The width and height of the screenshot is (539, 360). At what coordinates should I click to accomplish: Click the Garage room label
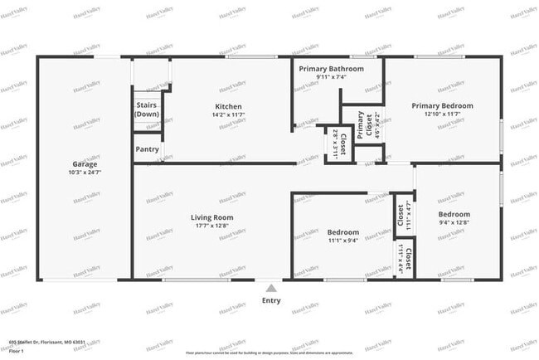(x=85, y=164)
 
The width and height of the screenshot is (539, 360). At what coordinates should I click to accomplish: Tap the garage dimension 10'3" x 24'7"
(x=85, y=173)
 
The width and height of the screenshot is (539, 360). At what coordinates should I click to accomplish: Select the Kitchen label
(x=228, y=107)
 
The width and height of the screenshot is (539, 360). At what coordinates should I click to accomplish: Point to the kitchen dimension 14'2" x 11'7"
(x=228, y=115)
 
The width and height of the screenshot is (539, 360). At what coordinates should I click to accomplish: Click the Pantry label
(x=147, y=149)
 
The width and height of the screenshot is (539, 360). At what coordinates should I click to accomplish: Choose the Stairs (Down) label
(x=147, y=109)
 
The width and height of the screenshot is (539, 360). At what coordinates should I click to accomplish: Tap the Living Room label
(x=212, y=217)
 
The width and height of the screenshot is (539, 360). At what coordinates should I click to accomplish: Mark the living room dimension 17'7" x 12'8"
(x=212, y=226)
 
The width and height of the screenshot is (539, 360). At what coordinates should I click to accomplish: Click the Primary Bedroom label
(x=442, y=106)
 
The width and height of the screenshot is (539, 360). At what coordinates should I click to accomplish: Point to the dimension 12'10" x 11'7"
(x=442, y=114)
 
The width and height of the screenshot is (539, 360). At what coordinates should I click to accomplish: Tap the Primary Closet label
(x=361, y=124)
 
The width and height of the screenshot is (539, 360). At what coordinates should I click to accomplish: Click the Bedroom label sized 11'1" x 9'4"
(x=343, y=232)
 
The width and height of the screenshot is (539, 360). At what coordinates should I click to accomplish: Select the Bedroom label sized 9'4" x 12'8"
(x=454, y=214)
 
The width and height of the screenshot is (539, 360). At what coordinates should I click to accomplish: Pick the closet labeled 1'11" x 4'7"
(x=400, y=215)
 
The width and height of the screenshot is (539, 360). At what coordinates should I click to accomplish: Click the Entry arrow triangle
(x=270, y=286)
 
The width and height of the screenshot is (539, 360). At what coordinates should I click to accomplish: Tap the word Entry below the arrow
(x=270, y=300)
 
